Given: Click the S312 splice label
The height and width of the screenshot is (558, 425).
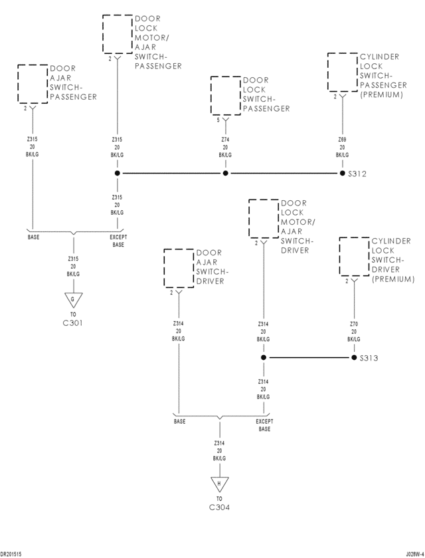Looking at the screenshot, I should click(x=358, y=174).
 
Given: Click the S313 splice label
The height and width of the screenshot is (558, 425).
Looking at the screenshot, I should click(x=369, y=358).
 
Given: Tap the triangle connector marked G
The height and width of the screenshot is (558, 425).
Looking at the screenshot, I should click(x=73, y=300).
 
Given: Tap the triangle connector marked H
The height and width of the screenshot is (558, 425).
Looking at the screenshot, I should click(x=218, y=484).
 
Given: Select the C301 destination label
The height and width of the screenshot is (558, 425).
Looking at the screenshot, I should click(x=72, y=323).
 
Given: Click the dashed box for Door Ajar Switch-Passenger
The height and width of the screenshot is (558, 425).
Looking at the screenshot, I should click(x=33, y=84).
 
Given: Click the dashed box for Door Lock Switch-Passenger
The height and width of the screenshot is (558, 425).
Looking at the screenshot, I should click(x=226, y=95).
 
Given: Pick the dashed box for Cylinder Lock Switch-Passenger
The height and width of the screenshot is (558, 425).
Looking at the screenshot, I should click(x=343, y=72).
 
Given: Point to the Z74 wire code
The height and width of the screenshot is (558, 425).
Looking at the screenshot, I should click(x=225, y=140).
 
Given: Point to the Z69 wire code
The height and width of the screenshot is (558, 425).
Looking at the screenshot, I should click(x=342, y=140).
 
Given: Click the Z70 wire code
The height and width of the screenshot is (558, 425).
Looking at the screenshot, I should click(x=353, y=324).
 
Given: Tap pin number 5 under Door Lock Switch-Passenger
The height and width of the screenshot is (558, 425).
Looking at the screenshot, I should click(x=218, y=120).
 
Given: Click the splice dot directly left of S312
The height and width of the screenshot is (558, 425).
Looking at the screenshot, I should click(x=342, y=174).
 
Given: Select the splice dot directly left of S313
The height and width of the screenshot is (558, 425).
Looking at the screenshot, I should click(x=353, y=358).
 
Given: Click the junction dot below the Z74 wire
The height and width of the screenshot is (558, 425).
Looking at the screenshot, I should click(x=225, y=174).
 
